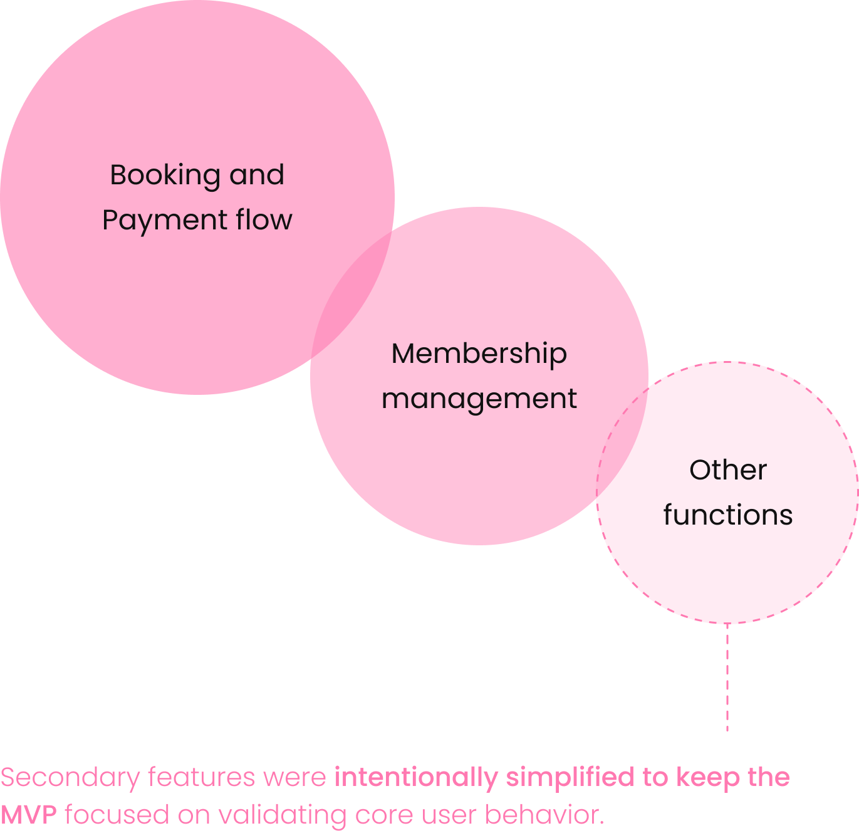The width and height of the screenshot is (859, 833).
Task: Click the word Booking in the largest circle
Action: [x=164, y=176]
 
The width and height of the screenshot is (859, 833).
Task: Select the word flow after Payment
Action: [x=264, y=219]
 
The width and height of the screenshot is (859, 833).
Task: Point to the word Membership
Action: [x=479, y=354]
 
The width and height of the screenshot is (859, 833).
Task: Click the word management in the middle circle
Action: [x=479, y=399]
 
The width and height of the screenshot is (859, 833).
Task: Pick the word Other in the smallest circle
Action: [x=727, y=470]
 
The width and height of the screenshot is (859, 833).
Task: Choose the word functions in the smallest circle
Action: [x=727, y=515]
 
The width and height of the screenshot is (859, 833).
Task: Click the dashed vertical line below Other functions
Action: [x=727, y=677]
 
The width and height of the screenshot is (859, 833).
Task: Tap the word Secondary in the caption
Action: [x=70, y=777]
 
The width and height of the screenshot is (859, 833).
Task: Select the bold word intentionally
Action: [x=416, y=777]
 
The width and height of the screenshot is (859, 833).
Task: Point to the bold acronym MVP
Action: [x=29, y=815]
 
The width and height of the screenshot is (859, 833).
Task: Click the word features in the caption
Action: [x=201, y=777]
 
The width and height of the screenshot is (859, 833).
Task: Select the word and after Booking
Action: [x=256, y=176]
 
